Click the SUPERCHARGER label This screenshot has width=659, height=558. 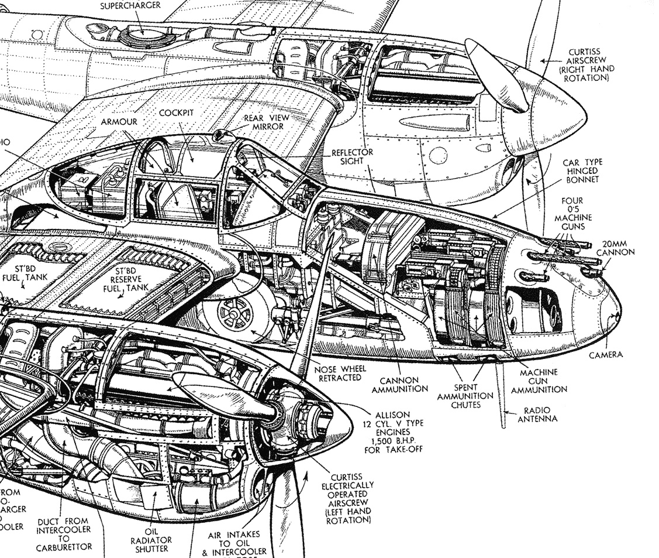130,5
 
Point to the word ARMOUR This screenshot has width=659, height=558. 119,121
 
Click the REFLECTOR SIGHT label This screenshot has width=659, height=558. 353,156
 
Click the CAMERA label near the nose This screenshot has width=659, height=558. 606,354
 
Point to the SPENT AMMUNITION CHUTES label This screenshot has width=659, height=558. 465,395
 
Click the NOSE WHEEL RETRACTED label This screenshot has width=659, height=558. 342,374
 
